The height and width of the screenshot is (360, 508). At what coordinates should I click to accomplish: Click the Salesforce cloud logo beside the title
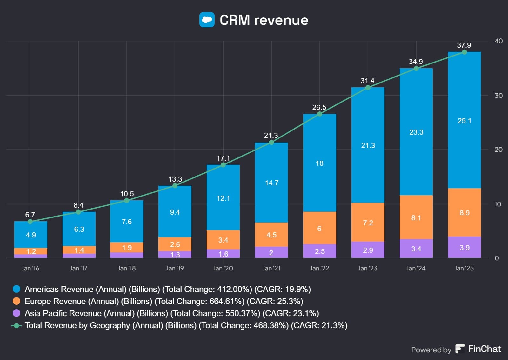tap(207, 20)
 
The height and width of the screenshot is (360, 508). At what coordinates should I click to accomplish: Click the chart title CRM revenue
tap(264, 20)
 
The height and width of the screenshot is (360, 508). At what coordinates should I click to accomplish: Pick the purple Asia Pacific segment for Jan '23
tap(368, 250)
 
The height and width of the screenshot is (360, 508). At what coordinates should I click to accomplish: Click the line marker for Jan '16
tap(30, 222)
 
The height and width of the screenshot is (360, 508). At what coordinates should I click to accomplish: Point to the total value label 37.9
tap(464, 45)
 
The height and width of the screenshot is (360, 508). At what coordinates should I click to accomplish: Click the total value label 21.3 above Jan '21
tap(271, 135)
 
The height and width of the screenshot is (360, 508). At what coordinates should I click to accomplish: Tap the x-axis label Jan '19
tap(175, 268)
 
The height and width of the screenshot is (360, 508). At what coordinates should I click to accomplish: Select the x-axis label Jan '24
tap(416, 268)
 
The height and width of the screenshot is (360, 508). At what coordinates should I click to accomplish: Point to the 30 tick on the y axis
tap(498, 96)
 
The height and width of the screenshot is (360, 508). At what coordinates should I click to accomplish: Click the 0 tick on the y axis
tap(497, 258)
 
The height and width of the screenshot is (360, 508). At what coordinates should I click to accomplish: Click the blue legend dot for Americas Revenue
tap(17, 289)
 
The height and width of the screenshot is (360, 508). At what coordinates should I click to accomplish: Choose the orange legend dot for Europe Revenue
tap(17, 301)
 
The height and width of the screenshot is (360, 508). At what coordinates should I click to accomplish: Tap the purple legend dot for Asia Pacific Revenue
tap(17, 313)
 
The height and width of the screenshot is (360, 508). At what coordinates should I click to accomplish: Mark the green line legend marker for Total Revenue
tap(17, 325)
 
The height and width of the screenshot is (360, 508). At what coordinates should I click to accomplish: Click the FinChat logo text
tap(485, 349)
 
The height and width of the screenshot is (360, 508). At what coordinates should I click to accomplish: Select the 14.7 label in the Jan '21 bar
tap(271, 183)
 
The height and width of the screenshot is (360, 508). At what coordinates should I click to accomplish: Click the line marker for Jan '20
tap(223, 165)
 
